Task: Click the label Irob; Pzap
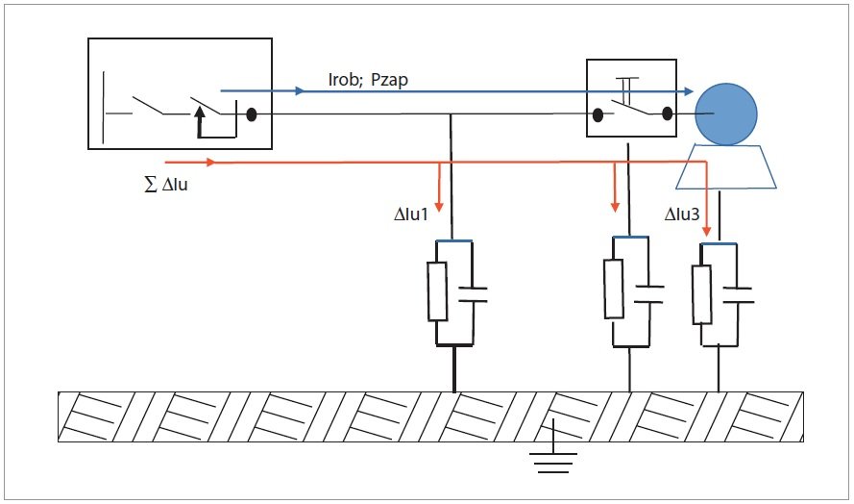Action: click(x=368, y=80)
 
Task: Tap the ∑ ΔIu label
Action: click(x=166, y=185)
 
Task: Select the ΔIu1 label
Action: click(x=411, y=214)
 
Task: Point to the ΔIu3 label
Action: click(x=682, y=214)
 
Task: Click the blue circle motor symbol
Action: click(x=726, y=114)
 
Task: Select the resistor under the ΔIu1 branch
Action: click(x=437, y=291)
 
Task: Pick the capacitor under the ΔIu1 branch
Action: click(x=472, y=294)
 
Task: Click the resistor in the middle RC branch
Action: click(x=614, y=290)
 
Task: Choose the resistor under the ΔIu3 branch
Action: click(x=702, y=294)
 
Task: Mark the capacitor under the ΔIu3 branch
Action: click(x=738, y=295)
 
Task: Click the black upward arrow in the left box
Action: click(x=200, y=121)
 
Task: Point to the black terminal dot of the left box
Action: click(x=251, y=114)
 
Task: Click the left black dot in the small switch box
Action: click(x=598, y=115)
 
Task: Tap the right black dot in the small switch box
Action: click(x=668, y=113)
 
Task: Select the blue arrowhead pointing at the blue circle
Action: click(x=689, y=91)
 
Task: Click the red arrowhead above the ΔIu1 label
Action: click(x=439, y=207)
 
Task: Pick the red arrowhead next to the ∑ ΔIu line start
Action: click(x=210, y=162)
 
